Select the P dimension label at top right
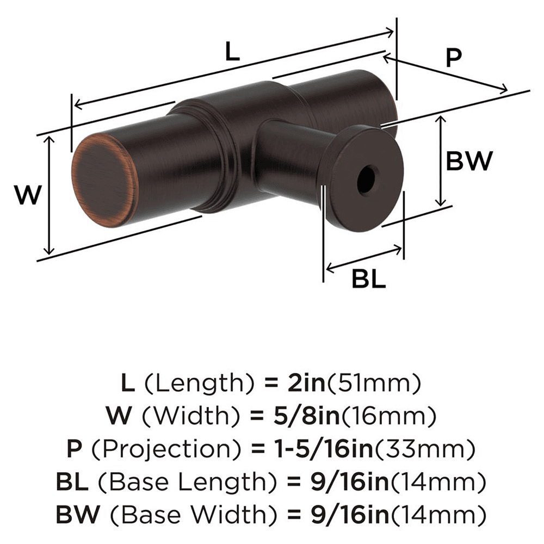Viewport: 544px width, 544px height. [453, 58]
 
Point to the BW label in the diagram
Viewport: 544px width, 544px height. [469, 161]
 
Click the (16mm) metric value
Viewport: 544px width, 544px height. [390, 417]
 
